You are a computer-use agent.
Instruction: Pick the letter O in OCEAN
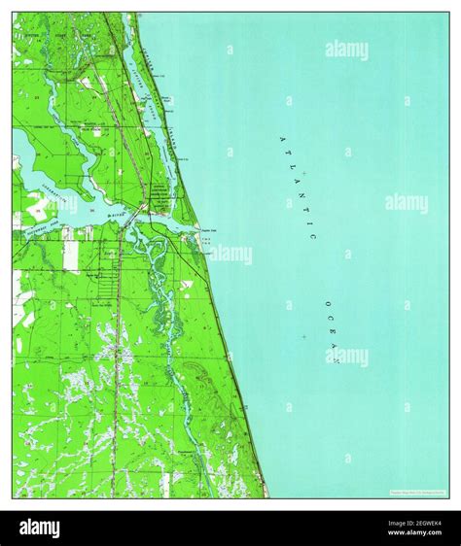pos(319,302)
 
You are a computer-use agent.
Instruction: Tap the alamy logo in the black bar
pos(35,529)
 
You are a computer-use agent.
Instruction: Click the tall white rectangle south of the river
pos(72,256)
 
